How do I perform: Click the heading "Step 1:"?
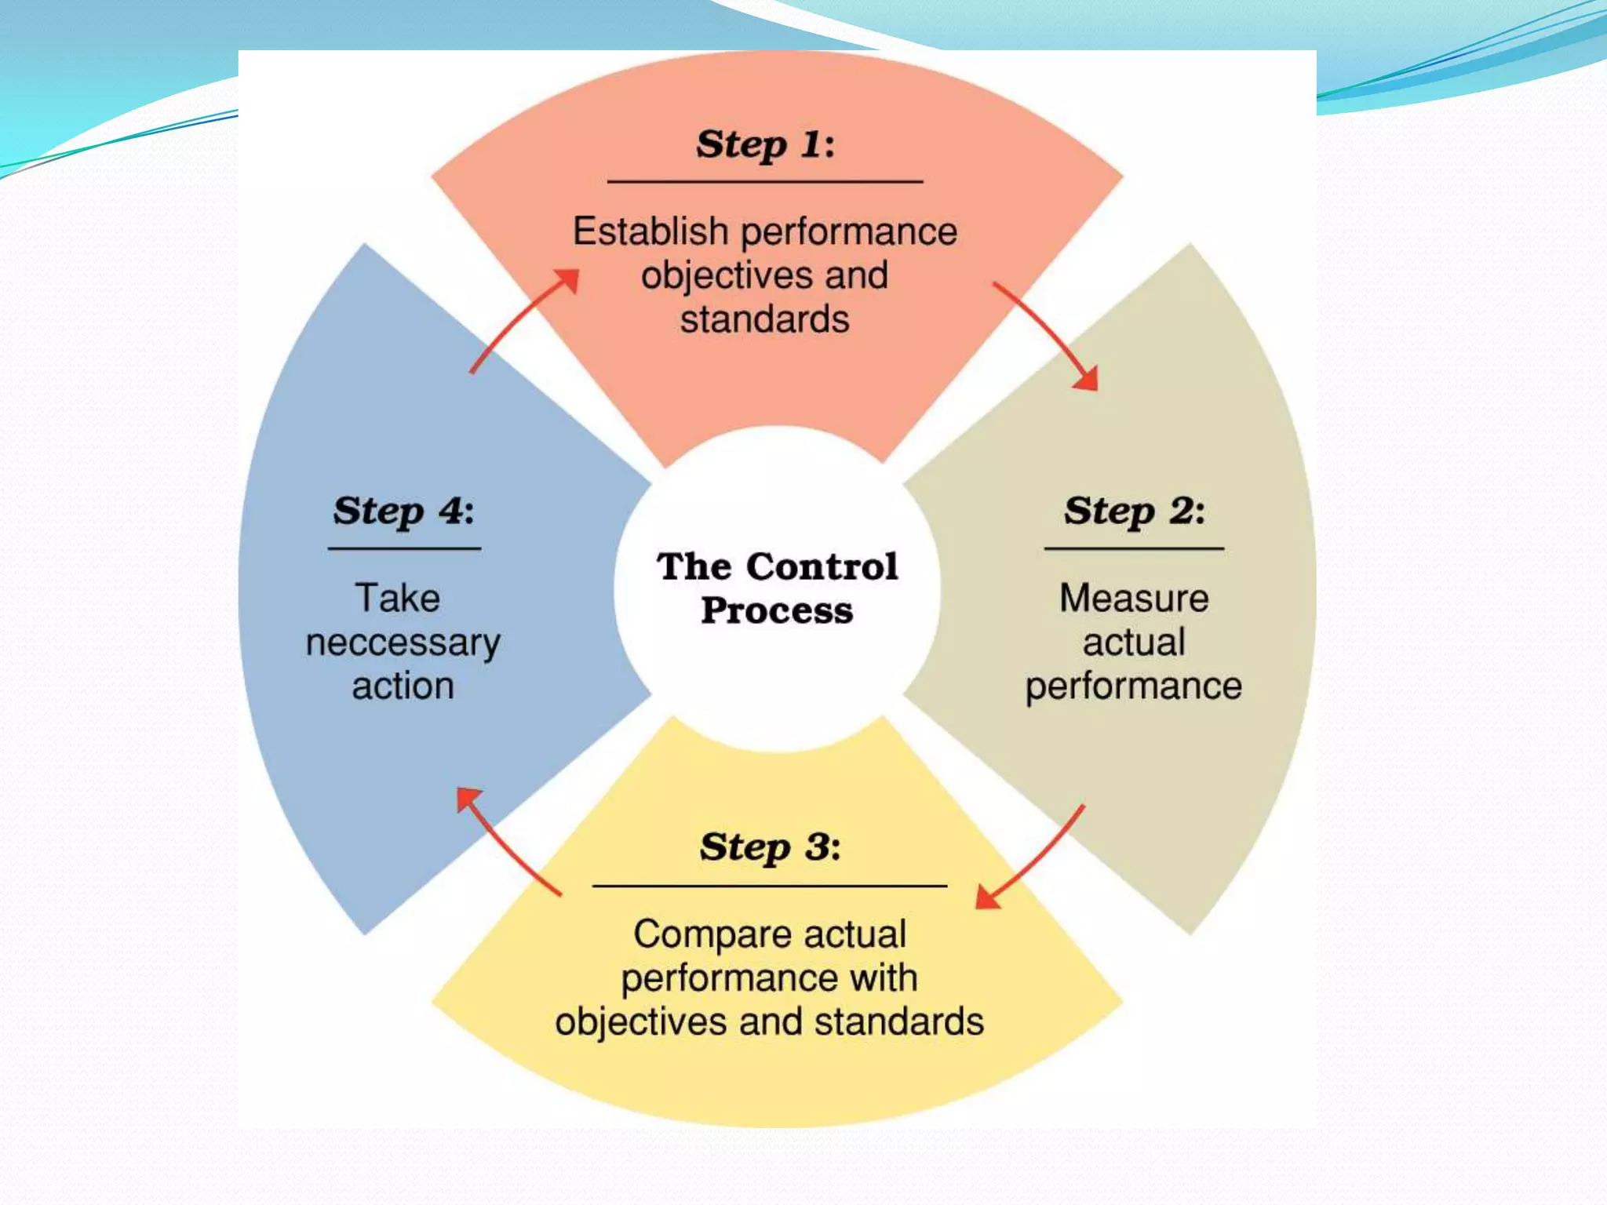[x=765, y=144]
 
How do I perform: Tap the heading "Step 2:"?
[x=1134, y=511]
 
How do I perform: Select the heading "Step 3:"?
[x=770, y=847]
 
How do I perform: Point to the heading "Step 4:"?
[x=403, y=511]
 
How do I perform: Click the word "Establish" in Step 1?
[x=650, y=231]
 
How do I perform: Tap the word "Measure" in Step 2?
[x=1134, y=598]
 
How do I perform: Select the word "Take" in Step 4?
[x=398, y=598]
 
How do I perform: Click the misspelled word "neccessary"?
[x=403, y=643]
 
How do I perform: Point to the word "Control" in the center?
[x=822, y=566]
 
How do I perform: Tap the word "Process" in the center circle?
[x=777, y=610]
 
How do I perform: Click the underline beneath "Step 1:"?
[x=765, y=182]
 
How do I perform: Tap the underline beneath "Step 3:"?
[x=770, y=886]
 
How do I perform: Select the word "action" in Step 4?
[x=403, y=686]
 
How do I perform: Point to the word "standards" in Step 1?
[x=764, y=320]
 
